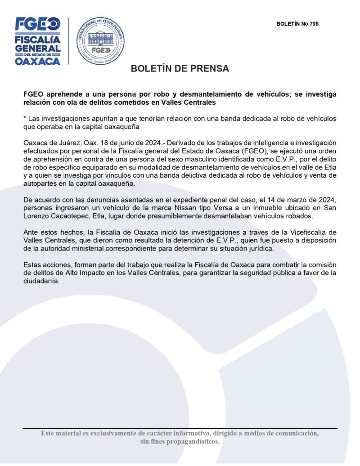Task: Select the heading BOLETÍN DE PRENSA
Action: [x=180, y=69]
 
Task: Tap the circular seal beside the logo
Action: [x=100, y=41]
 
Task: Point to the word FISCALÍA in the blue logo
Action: [x=38, y=39]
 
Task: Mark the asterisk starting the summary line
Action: [x=25, y=118]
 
